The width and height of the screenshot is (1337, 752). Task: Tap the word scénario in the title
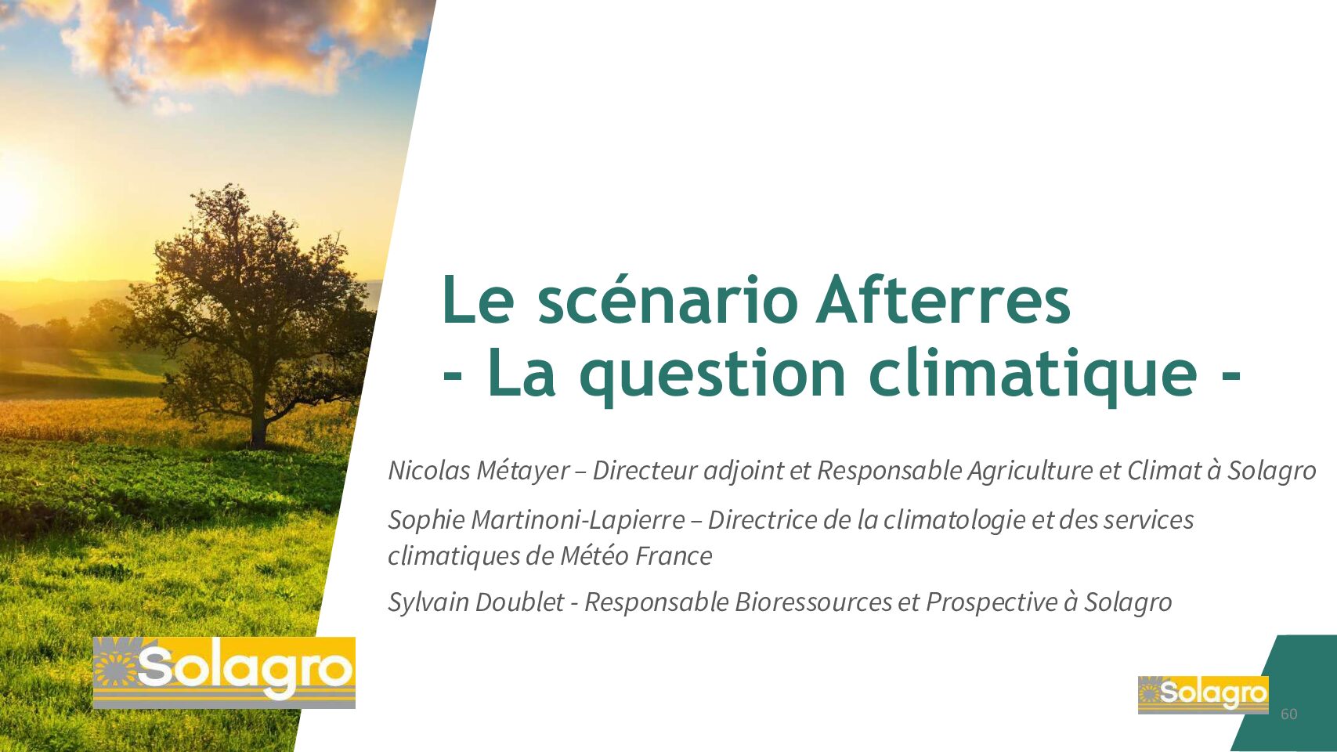[x=667, y=299]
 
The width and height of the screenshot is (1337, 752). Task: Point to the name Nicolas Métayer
[x=479, y=471]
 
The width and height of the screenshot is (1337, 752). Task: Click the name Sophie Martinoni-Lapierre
[x=536, y=520]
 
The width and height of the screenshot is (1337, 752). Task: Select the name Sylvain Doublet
[x=475, y=602]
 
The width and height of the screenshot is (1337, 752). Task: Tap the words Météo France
[x=636, y=556]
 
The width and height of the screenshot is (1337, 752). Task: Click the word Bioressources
[x=813, y=602]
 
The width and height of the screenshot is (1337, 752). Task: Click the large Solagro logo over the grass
[x=225, y=673]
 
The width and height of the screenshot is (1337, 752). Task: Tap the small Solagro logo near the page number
[x=1203, y=695]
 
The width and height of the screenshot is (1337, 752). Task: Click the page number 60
[x=1288, y=714]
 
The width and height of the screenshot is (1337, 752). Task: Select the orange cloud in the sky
[x=239, y=42]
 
